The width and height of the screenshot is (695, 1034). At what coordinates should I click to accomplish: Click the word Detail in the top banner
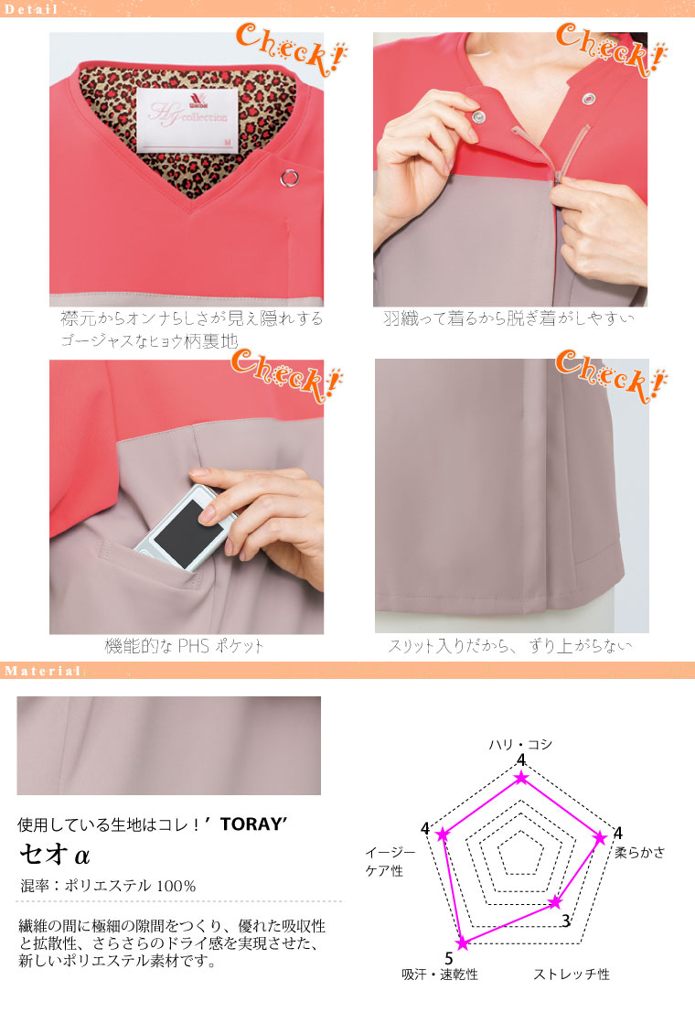(x=31, y=9)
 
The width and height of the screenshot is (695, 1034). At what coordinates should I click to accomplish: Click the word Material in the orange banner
(x=43, y=671)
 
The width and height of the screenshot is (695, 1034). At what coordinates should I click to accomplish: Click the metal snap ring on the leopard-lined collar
(x=289, y=178)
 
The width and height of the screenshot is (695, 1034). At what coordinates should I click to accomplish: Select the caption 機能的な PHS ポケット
(x=184, y=646)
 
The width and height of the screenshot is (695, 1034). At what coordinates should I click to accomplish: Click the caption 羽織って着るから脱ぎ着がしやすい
(x=508, y=318)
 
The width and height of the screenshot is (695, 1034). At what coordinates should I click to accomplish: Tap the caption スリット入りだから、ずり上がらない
(x=510, y=646)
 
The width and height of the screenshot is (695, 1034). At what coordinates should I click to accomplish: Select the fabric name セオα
(x=55, y=855)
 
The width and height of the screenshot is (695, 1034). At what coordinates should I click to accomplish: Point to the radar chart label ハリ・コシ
(x=520, y=744)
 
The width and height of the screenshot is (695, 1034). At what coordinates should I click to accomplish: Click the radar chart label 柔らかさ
(x=639, y=852)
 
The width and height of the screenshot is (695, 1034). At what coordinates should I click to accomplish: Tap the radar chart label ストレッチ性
(x=572, y=974)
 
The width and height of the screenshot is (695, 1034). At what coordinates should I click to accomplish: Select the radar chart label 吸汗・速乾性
(x=440, y=974)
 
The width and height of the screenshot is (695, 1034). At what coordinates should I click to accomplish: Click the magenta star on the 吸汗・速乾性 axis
(x=463, y=943)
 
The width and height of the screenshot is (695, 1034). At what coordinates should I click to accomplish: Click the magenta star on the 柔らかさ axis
(x=600, y=838)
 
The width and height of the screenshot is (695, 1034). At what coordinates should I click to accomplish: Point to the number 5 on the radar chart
(x=449, y=958)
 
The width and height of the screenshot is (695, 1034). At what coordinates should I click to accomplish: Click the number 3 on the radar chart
(x=565, y=921)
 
